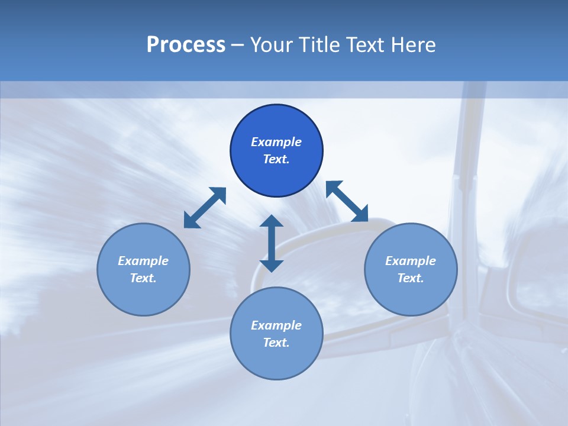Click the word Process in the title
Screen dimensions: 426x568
click(x=186, y=45)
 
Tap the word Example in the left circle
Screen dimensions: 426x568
click(x=143, y=261)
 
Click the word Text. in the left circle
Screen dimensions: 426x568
click(x=143, y=278)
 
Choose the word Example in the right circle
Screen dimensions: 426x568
click(x=411, y=261)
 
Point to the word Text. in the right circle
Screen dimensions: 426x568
click(x=411, y=278)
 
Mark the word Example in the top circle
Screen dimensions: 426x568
click(x=276, y=142)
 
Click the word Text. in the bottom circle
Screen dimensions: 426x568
click(x=276, y=343)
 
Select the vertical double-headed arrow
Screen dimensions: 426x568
click(x=272, y=243)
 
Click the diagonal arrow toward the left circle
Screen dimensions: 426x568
click(x=205, y=208)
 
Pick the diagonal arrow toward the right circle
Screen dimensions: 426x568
click(x=347, y=201)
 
